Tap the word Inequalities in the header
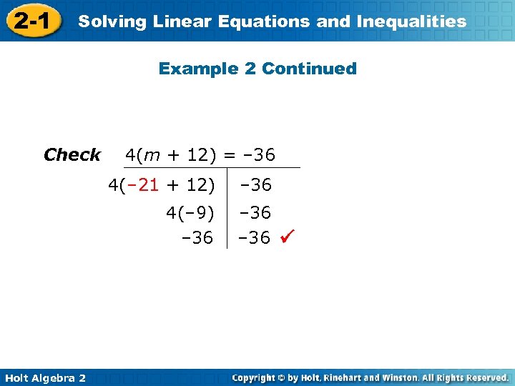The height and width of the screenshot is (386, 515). tap(411, 21)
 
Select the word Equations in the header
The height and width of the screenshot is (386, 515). tap(272, 21)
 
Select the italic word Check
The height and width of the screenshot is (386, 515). tap(72, 154)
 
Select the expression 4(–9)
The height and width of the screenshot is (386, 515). tap(190, 213)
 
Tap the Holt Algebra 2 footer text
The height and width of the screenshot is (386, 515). tap(44, 377)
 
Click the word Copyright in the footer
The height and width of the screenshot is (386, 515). tap(256, 377)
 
